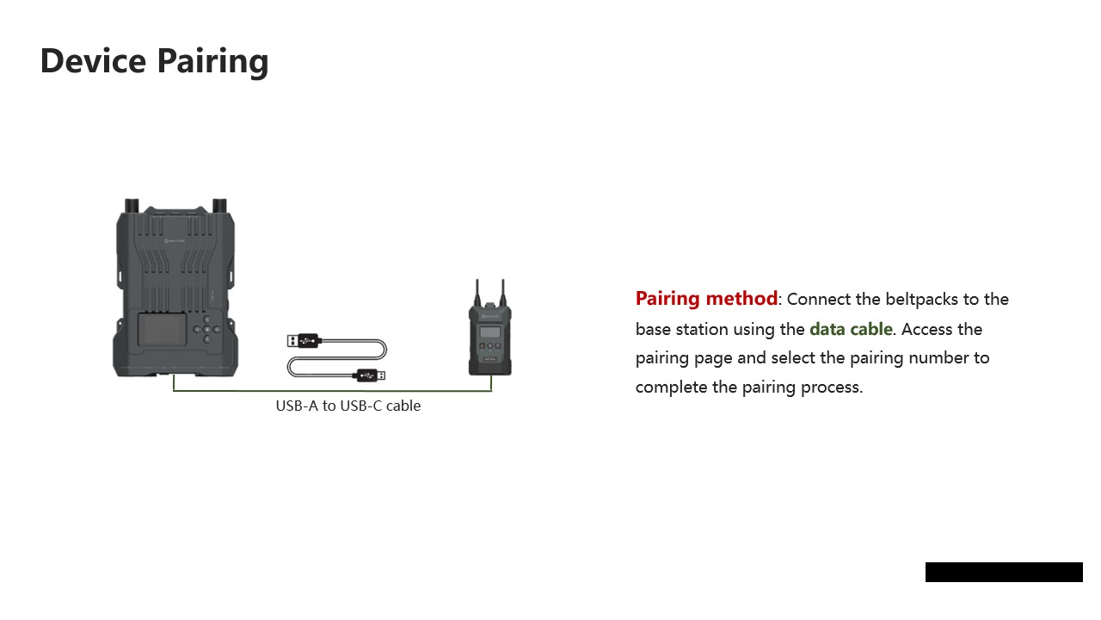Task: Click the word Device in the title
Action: [94, 60]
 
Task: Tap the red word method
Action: [741, 298]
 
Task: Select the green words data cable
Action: [851, 329]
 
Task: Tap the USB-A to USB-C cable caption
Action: [348, 406]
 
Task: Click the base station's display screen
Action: [163, 329]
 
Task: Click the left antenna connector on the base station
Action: [132, 206]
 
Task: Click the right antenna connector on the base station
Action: [219, 206]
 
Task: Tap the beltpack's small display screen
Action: [490, 332]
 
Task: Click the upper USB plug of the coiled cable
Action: [304, 340]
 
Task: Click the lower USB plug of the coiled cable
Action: [369, 375]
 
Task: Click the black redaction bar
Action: [1004, 572]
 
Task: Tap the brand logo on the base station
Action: [175, 240]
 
